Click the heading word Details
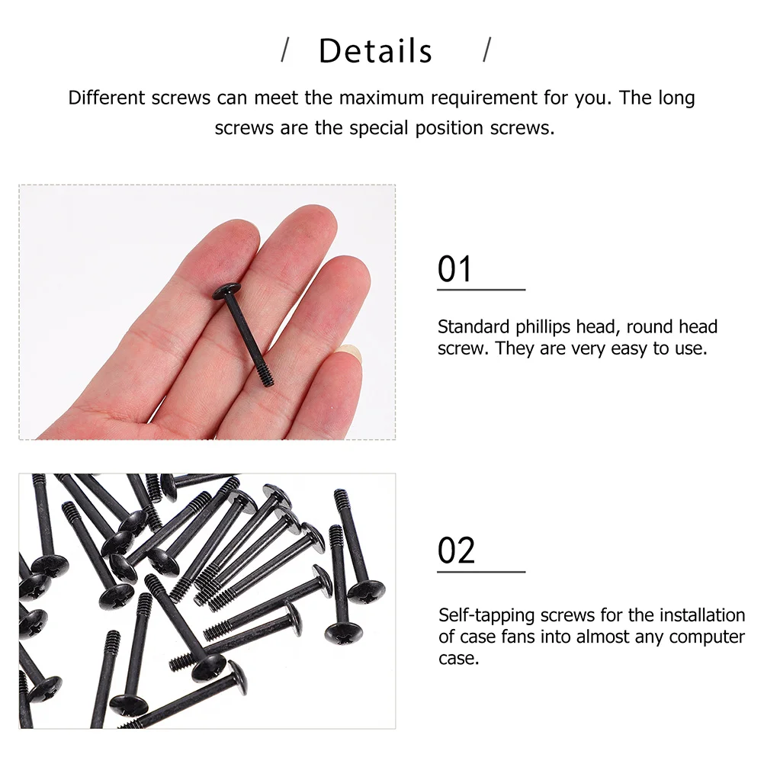coord(375,51)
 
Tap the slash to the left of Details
coord(286,50)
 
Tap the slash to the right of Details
coord(487,50)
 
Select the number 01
coord(455,270)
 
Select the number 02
coord(456,551)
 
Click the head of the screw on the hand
coord(226,289)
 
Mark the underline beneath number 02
coord(481,571)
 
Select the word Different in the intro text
coord(107,98)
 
